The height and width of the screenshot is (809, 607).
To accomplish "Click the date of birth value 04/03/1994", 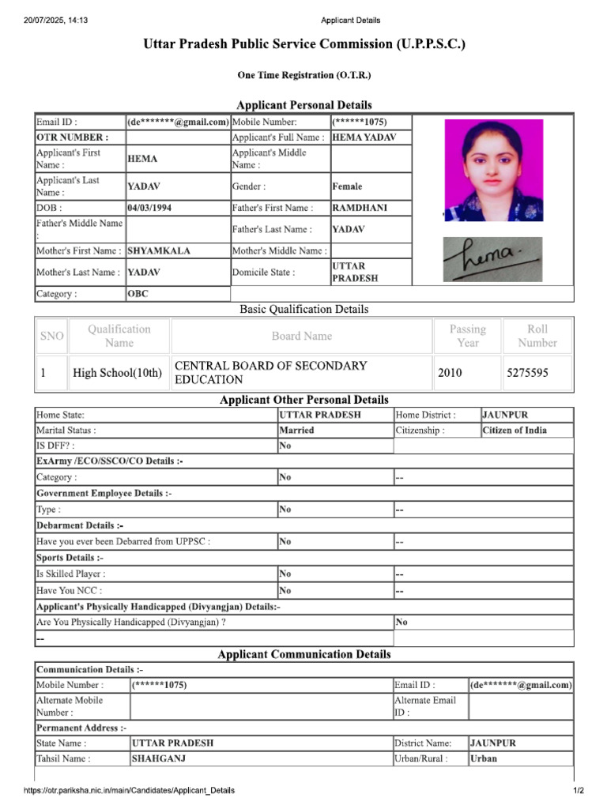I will coord(150,208).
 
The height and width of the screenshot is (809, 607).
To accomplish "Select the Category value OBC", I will coord(138,294).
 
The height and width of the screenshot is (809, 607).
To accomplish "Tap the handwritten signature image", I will coord(492,258).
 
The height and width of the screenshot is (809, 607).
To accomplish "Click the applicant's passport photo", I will coord(493,170).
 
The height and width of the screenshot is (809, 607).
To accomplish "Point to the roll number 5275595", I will coord(527,373).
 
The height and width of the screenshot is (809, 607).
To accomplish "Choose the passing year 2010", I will coord(450,373).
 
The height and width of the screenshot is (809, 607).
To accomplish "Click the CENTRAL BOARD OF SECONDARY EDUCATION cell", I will coord(270,373).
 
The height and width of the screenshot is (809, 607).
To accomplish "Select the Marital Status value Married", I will coord(296,431).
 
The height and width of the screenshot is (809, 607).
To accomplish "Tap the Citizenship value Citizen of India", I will coord(515,431).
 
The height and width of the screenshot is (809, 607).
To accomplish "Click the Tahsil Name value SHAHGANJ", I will coord(159,758).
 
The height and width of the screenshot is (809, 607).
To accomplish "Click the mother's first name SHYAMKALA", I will coord(159,250).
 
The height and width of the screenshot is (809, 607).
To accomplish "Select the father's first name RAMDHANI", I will coord(360,208).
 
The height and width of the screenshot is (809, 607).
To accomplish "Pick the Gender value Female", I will coord(348,186).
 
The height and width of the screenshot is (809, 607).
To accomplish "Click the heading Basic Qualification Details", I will coord(303,309).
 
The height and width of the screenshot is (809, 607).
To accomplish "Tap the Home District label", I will coord(425,414).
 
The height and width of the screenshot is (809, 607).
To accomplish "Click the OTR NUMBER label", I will coord(72,137).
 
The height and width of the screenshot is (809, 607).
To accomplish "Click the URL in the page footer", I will coord(129,791).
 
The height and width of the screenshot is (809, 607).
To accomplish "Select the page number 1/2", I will coord(578,791).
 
